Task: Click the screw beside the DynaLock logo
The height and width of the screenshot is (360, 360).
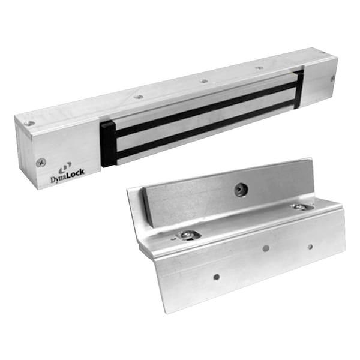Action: point(41,162)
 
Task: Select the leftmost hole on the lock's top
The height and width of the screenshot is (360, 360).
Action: point(29,123)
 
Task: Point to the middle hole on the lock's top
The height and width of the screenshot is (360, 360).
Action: point(204,80)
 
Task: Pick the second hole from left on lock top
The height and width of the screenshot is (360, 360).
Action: point(139,96)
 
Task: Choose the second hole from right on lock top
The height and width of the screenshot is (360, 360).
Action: point(259,68)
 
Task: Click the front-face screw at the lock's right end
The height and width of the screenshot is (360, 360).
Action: point(332,78)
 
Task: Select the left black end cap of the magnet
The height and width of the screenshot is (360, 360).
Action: point(108,143)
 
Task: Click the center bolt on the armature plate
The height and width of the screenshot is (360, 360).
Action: point(239,190)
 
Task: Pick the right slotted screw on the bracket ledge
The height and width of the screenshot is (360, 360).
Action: point(300,207)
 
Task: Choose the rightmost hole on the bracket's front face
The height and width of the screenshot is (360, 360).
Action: point(310,246)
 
